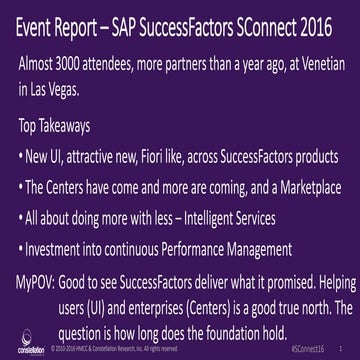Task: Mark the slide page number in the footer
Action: [x=341, y=349]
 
